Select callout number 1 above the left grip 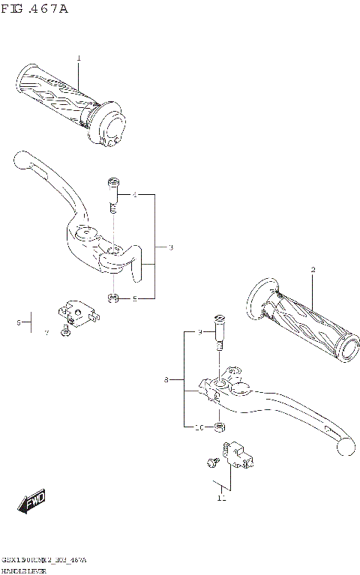point(79,58)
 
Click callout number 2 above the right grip point(313,270)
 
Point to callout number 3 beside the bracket point(171,247)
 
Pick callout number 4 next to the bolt point(135,195)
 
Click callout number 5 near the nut point(135,299)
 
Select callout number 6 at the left point(18,322)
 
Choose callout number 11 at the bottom point(221,498)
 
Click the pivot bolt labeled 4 point(113,192)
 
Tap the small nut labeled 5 point(112,299)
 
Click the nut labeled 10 point(220,427)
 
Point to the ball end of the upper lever point(20,159)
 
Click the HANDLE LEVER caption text point(23,570)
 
